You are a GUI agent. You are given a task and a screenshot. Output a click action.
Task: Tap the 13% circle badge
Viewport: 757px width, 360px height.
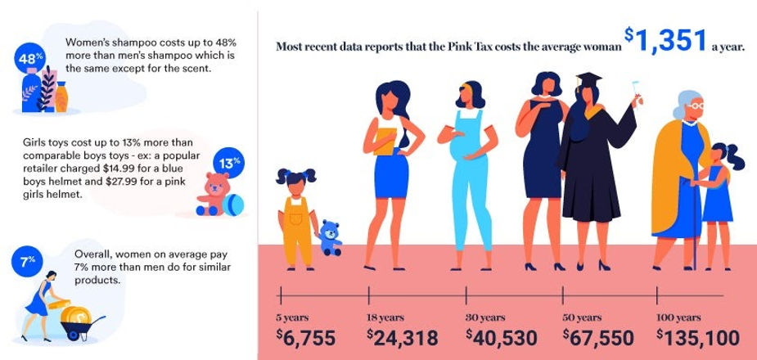226,161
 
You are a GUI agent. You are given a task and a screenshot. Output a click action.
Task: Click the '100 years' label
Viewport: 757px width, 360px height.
678,317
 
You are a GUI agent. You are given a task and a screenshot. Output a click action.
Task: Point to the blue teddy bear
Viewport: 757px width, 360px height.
330,236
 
